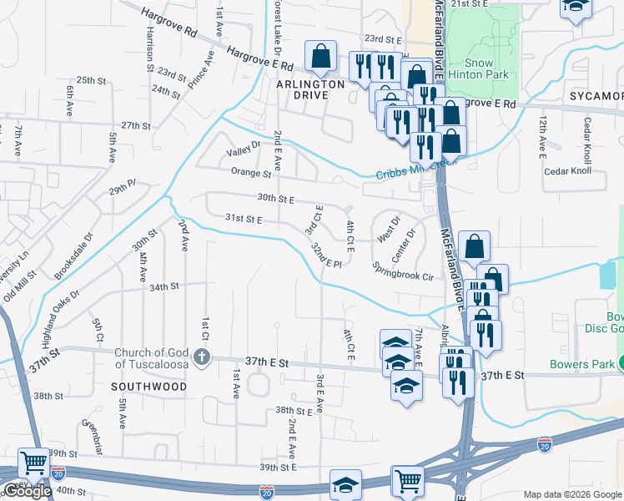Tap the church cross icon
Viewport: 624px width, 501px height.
201,357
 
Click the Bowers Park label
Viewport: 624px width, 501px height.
581,364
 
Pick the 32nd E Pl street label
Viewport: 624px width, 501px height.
326,257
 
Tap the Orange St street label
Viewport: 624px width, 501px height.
251,174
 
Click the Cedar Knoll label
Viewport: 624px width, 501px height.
566,171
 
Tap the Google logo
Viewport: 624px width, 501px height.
27,491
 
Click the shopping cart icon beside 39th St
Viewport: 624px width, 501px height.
34,462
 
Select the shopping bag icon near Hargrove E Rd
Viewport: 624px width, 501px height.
320,57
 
